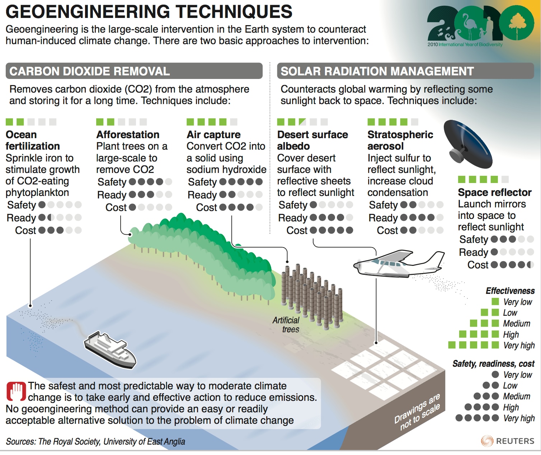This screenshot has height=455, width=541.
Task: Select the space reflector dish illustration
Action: pyautogui.click(x=468, y=144)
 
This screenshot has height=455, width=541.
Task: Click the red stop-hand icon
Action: pyautogui.click(x=16, y=391)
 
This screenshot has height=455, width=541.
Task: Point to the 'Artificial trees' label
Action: pyautogui.click(x=286, y=325)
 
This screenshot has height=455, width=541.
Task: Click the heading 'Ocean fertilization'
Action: pyautogui.click(x=33, y=140)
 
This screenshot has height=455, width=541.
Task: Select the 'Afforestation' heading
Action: pyautogui.click(x=128, y=135)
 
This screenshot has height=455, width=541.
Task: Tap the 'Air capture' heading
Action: pyautogui.click(x=213, y=135)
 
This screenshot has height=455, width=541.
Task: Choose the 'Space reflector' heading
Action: pyautogui.click(x=495, y=192)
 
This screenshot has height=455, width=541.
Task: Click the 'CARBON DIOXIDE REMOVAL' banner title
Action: pyautogui.click(x=90, y=71)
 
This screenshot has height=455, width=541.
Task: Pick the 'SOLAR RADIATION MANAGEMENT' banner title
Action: pyautogui.click(x=377, y=71)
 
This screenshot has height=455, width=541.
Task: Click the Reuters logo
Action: pyautogui.click(x=508, y=441)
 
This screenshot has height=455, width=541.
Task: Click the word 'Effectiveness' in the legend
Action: pyautogui.click(x=510, y=291)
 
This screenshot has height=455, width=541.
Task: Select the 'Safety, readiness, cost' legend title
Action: pyautogui.click(x=494, y=364)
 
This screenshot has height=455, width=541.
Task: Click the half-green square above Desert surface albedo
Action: pyautogui.click(x=302, y=122)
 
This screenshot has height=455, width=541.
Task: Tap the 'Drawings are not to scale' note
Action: pyautogui.click(x=417, y=412)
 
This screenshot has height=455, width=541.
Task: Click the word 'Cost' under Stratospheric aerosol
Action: pyautogui.click(x=387, y=230)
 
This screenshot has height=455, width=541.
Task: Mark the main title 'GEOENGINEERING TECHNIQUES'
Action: pyautogui.click(x=149, y=11)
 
